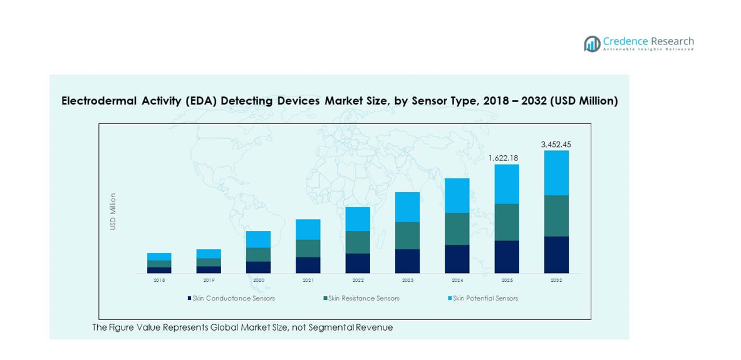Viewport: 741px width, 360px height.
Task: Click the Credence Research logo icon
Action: [592, 43]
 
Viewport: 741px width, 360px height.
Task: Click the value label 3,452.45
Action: [556, 145]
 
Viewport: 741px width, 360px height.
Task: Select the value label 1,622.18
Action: [506, 158]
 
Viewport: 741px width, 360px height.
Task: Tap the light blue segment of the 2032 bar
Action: [556, 173]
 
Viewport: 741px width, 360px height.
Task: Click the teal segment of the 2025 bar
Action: [507, 222]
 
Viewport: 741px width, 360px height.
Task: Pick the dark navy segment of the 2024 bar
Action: [457, 259]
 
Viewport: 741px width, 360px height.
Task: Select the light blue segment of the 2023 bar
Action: [407, 207]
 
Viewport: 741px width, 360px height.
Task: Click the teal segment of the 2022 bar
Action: [358, 242]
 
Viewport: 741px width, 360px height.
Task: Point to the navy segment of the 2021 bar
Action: [308, 265]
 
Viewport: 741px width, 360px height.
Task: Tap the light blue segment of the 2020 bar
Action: [258, 239]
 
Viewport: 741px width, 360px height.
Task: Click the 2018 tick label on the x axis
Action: [159, 280]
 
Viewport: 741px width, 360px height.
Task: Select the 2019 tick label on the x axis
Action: [209, 280]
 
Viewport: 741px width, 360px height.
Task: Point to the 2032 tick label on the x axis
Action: [556, 280]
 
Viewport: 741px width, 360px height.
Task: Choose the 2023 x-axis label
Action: [407, 280]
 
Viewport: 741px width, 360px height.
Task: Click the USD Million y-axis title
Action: [113, 212]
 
